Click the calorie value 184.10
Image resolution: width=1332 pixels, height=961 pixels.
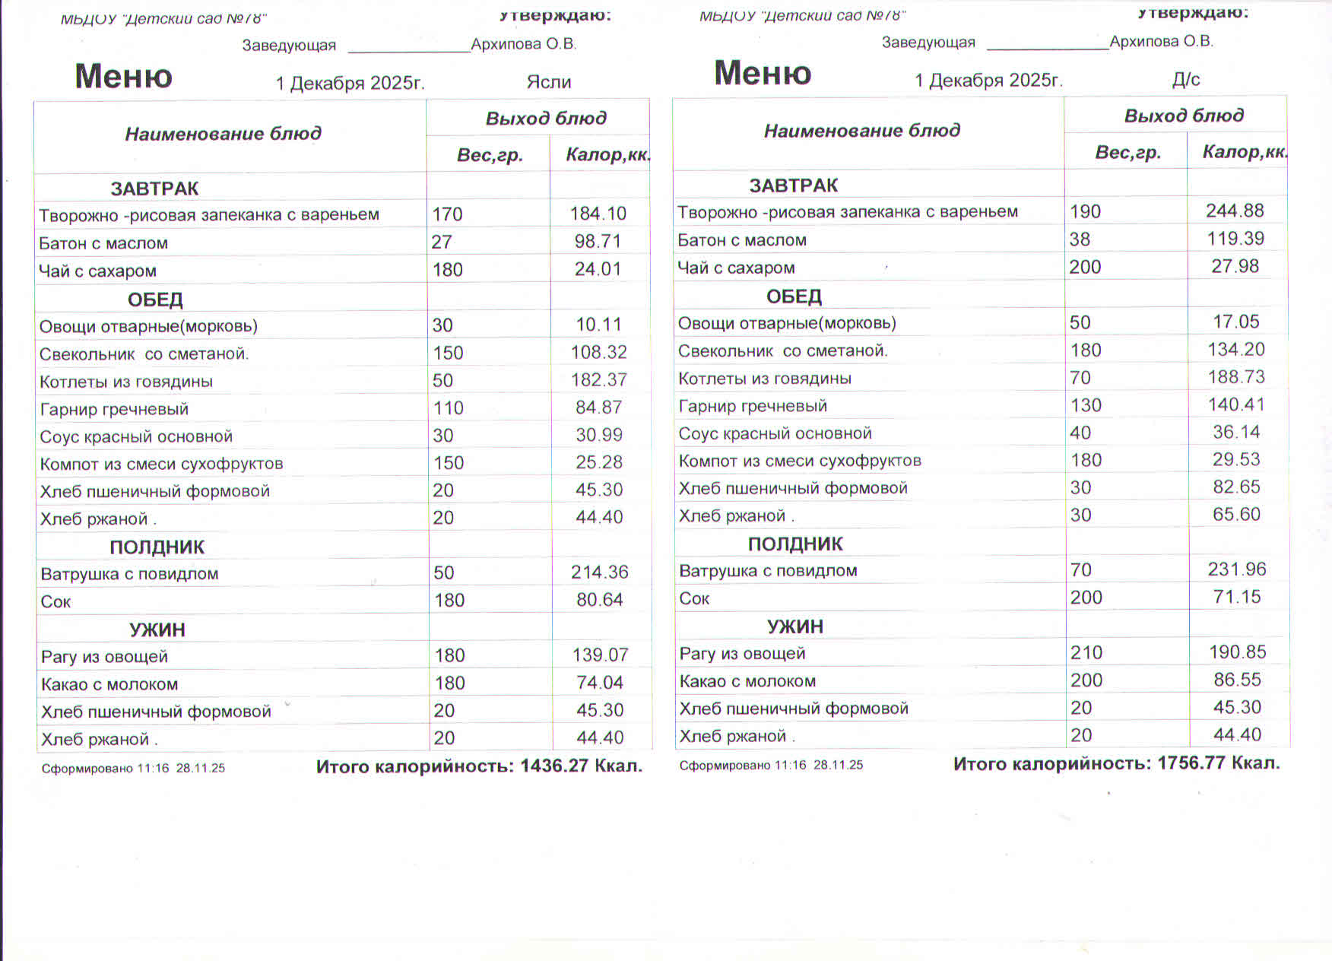click(598, 214)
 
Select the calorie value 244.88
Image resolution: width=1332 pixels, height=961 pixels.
click(1235, 211)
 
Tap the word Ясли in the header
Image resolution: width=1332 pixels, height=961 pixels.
click(548, 81)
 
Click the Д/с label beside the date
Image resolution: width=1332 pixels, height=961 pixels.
click(1186, 79)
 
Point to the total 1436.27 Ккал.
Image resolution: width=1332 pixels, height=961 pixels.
click(581, 766)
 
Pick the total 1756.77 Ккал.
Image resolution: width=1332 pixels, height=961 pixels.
click(1218, 763)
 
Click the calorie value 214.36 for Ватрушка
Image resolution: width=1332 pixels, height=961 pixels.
click(599, 572)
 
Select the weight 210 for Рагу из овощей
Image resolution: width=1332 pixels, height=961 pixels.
click(1086, 652)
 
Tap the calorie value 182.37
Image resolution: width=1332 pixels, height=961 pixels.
click(599, 379)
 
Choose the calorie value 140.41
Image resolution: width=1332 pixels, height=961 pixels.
click(1236, 404)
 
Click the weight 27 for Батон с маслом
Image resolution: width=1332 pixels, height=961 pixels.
click(442, 242)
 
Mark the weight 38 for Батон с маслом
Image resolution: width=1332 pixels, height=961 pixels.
click(1080, 239)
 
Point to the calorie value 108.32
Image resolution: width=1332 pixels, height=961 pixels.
click(598, 352)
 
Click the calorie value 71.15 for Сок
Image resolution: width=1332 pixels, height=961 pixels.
click(1237, 597)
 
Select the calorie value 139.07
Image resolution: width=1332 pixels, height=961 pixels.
click(600, 655)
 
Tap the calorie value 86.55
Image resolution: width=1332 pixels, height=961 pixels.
click(1237, 680)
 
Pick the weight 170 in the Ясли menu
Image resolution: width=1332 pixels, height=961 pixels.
click(447, 214)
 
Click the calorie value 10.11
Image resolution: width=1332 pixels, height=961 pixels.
click(598, 325)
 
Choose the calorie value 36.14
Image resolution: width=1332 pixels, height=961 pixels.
click(1236, 432)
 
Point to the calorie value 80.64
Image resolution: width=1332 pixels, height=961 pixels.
click(599, 600)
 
